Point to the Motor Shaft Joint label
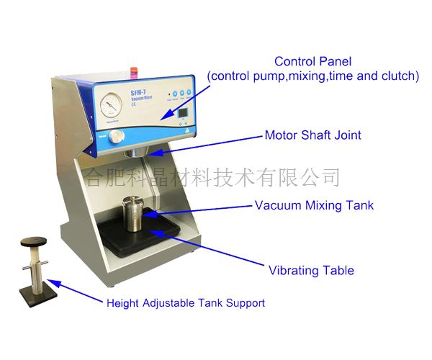tap(312, 135)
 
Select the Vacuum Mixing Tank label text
tap(314, 206)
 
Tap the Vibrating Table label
tap(311, 271)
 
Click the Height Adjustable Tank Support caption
tap(185, 303)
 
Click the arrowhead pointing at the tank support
tap(55, 286)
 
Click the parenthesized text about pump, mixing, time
tap(312, 76)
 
